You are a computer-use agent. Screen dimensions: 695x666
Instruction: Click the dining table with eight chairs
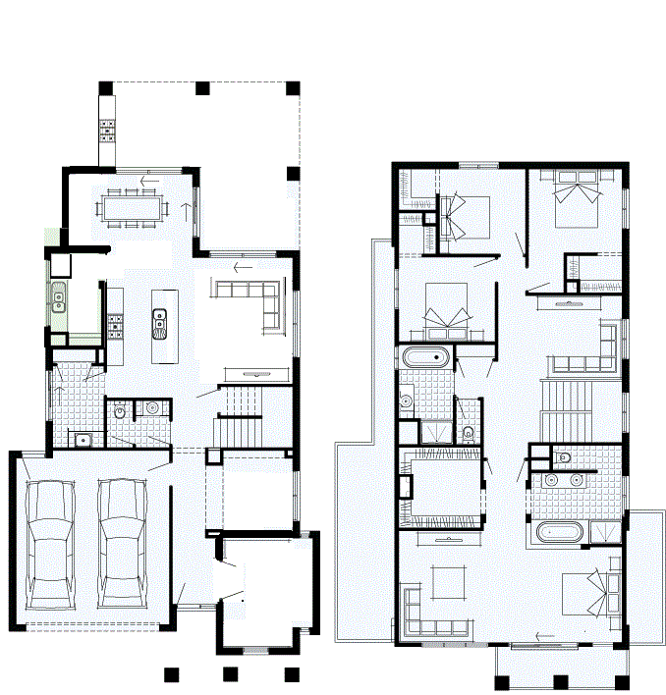tap(133, 207)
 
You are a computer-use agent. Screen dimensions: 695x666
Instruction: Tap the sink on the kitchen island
tap(159, 320)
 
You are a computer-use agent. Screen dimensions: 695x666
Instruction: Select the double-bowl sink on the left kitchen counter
tap(58, 294)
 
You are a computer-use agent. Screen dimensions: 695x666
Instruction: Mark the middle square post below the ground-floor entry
tap(231, 674)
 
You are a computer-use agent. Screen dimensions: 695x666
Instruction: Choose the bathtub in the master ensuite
tap(557, 533)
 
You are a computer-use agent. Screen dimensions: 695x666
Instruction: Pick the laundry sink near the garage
tap(83, 439)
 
